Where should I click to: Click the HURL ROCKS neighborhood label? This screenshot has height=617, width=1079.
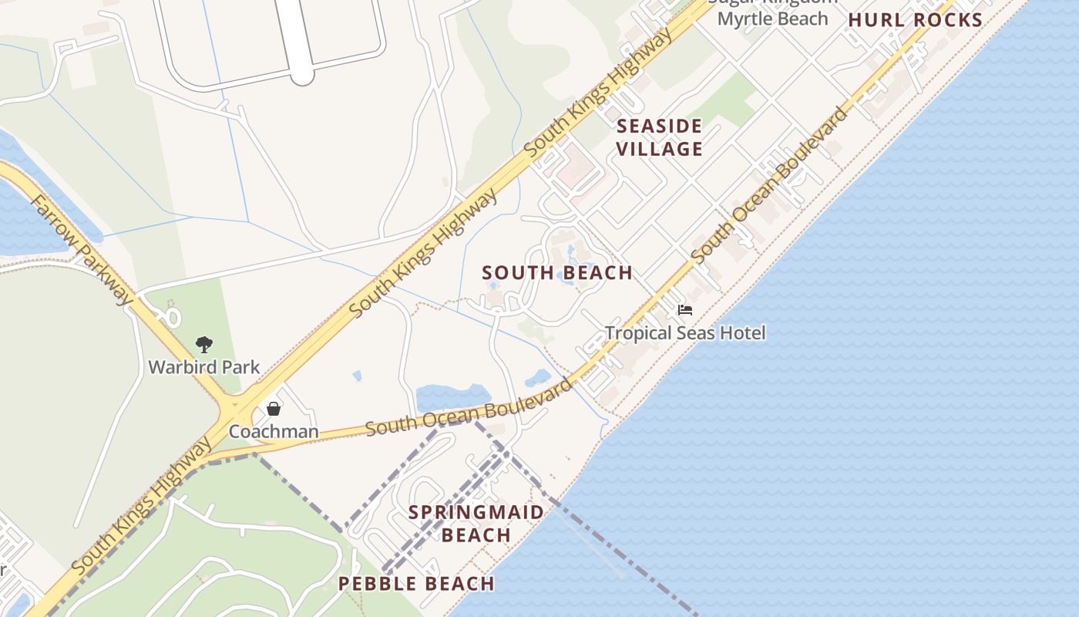pyautogui.click(x=915, y=21)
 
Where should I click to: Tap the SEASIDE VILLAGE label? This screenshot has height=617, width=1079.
pyautogui.click(x=660, y=137)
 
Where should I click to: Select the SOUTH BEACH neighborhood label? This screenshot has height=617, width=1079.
pyautogui.click(x=557, y=273)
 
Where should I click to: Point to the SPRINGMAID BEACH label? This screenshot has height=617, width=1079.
pyautogui.click(x=476, y=524)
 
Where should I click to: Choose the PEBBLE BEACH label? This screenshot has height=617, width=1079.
pyautogui.click(x=416, y=584)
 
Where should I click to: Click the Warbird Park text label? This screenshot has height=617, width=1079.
pyautogui.click(x=204, y=367)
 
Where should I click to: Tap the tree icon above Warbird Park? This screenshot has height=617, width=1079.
pyautogui.click(x=204, y=344)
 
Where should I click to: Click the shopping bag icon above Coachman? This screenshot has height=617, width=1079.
pyautogui.click(x=274, y=409)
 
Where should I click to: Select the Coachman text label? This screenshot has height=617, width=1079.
pyautogui.click(x=274, y=431)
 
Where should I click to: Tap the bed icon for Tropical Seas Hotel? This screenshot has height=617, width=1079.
pyautogui.click(x=685, y=310)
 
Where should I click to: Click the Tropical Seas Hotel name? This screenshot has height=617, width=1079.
pyautogui.click(x=685, y=333)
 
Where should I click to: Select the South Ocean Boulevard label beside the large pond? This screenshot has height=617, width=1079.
pyautogui.click(x=470, y=407)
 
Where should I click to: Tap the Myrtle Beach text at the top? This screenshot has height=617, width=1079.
pyautogui.click(x=772, y=19)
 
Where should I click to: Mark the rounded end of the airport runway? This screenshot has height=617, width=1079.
pyautogui.click(x=301, y=75)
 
